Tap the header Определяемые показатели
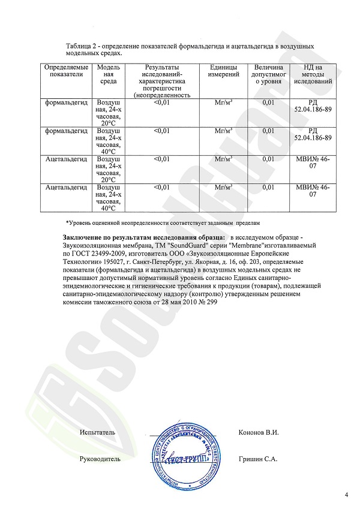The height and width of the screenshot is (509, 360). tap(67, 71)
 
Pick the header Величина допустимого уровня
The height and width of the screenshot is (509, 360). tap(269, 74)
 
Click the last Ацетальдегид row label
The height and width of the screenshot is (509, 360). tap(67, 188)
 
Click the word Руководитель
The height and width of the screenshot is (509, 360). tap(100, 459)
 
